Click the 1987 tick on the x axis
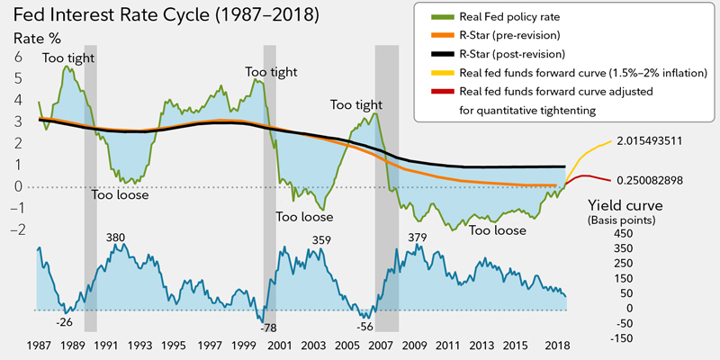pos(38,346)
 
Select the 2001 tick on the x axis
pos(279,346)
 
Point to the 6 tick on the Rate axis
pos(15,56)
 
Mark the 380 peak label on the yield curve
pos(116,238)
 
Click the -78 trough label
pos(270,328)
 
